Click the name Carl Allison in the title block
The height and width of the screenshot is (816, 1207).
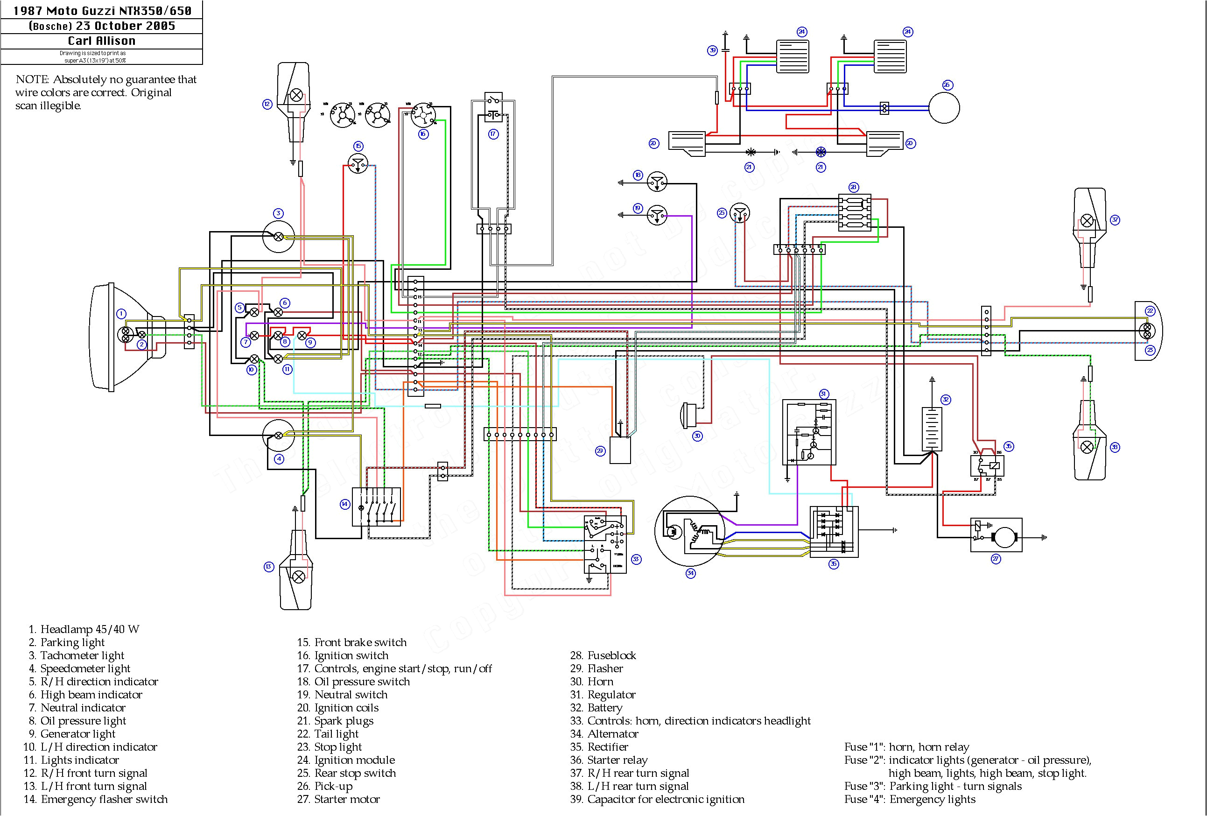(102, 41)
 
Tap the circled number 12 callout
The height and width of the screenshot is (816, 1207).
(267, 104)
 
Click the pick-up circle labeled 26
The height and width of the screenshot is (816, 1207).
(943, 108)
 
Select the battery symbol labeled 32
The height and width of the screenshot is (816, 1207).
(932, 429)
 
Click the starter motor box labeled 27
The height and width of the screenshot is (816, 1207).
(996, 535)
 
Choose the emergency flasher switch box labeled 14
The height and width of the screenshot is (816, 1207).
(376, 507)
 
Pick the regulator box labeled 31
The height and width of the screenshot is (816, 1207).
(809, 432)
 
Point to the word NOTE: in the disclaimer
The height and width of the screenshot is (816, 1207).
(32, 79)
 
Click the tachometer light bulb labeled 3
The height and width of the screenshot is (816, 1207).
(279, 237)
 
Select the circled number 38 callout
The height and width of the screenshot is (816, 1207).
(1115, 447)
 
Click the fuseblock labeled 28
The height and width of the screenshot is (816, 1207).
(854, 212)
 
